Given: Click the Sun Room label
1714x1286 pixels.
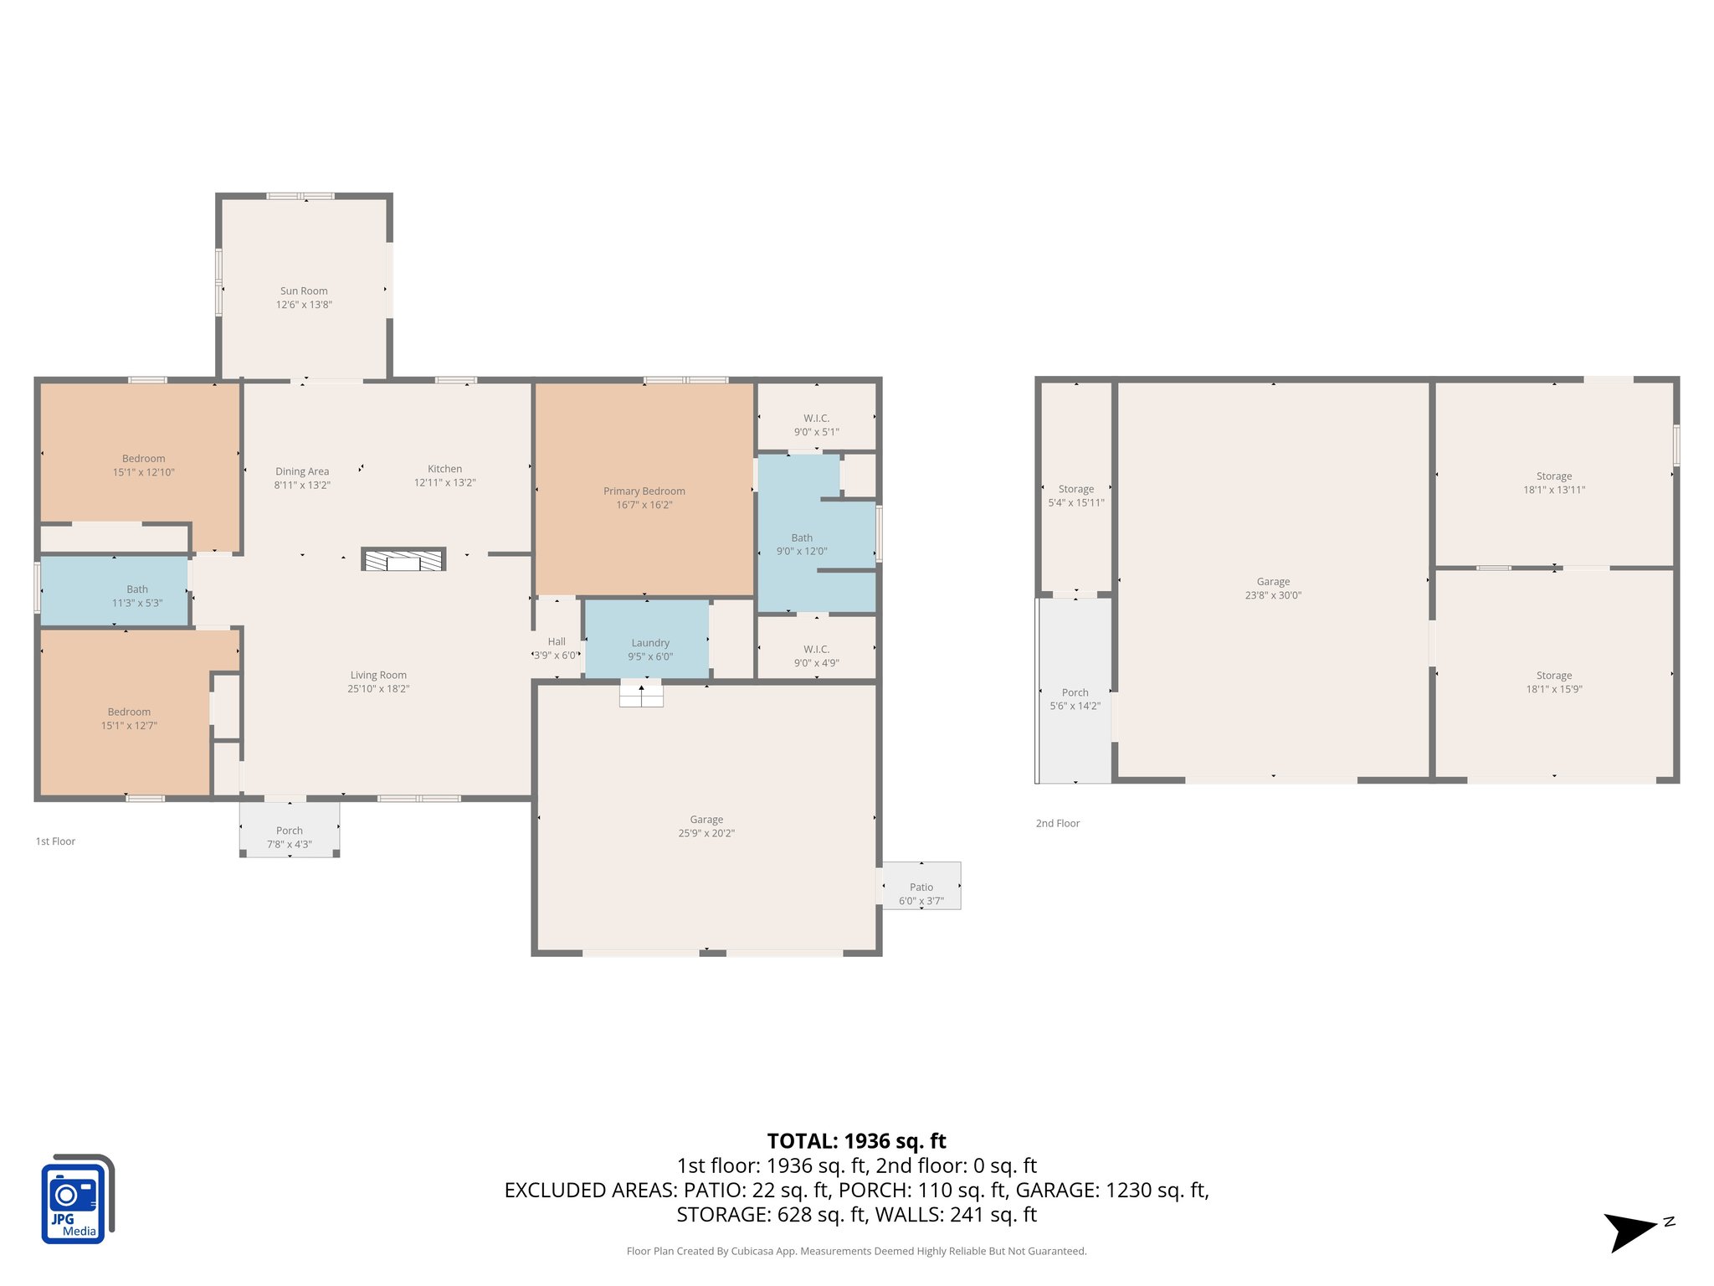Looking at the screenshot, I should point(304,291).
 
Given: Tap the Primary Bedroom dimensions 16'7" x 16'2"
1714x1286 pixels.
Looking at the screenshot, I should point(644,505).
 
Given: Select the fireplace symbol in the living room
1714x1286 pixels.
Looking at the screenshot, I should point(403,559).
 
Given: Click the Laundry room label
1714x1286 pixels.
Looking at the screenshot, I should point(650,643).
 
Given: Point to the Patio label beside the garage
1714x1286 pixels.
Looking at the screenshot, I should point(921,887).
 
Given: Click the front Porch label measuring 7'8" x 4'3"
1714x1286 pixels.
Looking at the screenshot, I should point(290,831).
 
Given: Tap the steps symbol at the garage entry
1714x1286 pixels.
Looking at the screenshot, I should point(641,695).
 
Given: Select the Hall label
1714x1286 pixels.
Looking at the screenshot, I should point(557,641).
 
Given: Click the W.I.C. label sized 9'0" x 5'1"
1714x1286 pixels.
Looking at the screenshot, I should point(816,419).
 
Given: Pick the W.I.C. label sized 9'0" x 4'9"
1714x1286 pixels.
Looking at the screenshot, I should point(816,650).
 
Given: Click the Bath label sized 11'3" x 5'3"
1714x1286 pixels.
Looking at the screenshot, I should point(137,589).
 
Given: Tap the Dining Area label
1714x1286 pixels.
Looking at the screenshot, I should point(302,471).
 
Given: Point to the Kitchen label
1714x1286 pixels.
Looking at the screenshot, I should point(444,469).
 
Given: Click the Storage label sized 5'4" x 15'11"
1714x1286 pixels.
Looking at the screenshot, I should point(1075,489).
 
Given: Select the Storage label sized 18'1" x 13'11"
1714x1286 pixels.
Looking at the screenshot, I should point(1553,476).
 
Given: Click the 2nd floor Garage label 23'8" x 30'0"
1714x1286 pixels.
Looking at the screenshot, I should point(1272,582).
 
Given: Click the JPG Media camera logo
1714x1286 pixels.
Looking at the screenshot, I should point(76,1198).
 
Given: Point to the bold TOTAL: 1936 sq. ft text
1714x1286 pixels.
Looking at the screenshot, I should point(856,1141).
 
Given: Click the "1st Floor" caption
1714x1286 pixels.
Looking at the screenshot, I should point(55,841).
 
